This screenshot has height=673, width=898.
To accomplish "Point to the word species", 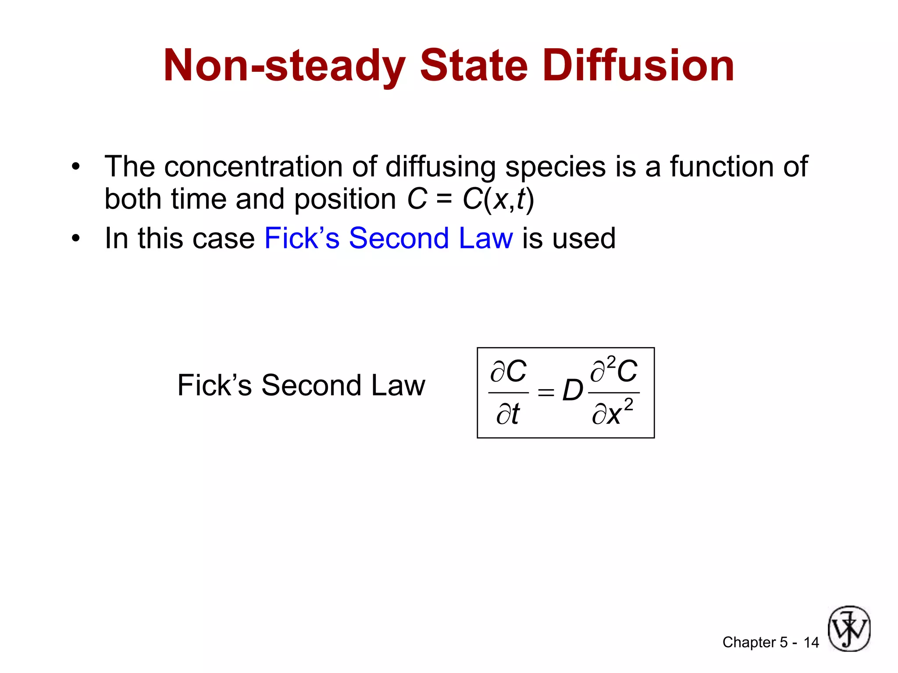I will (x=555, y=168).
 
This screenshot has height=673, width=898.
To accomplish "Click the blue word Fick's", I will (x=302, y=239).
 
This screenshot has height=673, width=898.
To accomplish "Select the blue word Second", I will (x=399, y=239).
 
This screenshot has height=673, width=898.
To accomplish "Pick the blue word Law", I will (x=485, y=239).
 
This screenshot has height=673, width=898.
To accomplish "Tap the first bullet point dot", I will (x=76, y=167).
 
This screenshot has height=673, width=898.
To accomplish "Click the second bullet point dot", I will (x=76, y=239).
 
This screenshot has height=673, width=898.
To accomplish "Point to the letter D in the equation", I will (x=572, y=390).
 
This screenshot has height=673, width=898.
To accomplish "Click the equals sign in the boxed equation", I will (x=546, y=392).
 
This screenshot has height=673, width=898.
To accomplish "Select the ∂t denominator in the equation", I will (x=508, y=414).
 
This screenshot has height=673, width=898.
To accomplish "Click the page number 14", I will (x=811, y=643).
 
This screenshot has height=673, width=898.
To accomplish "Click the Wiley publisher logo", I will (x=849, y=629).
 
